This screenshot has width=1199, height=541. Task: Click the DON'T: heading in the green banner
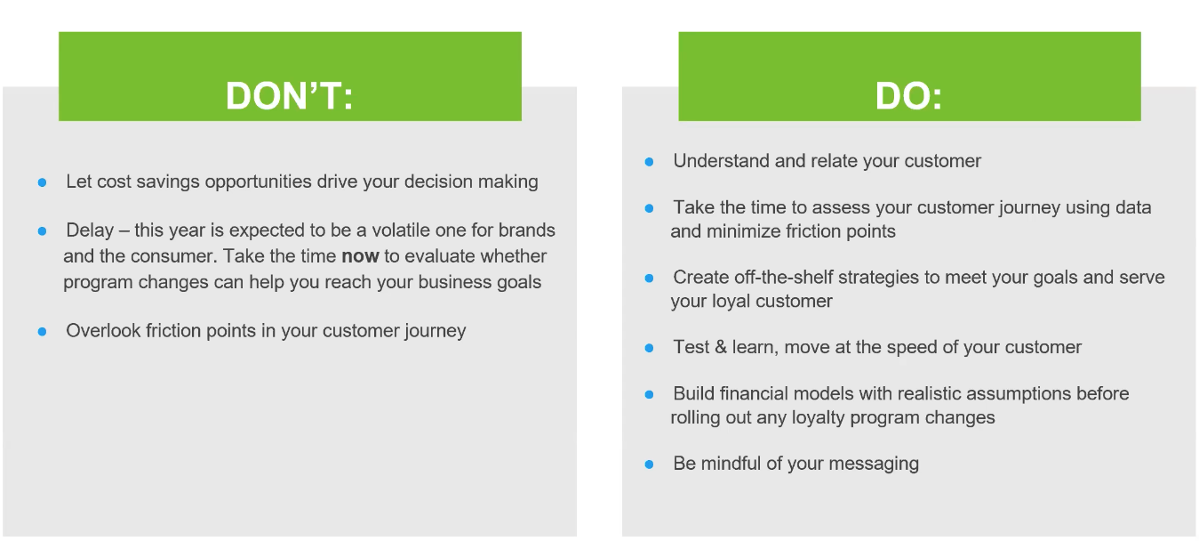(x=289, y=96)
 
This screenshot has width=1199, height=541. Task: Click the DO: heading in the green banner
(x=908, y=96)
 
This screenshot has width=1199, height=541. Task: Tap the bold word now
(x=360, y=256)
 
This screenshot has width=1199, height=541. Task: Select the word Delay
(x=89, y=230)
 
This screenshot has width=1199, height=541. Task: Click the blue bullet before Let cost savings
(x=42, y=182)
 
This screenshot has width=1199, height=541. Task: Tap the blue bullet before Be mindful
(x=649, y=464)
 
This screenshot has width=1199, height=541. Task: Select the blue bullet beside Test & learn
(x=649, y=348)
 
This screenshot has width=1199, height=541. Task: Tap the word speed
(x=903, y=347)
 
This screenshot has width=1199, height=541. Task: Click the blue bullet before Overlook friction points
(x=42, y=332)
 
